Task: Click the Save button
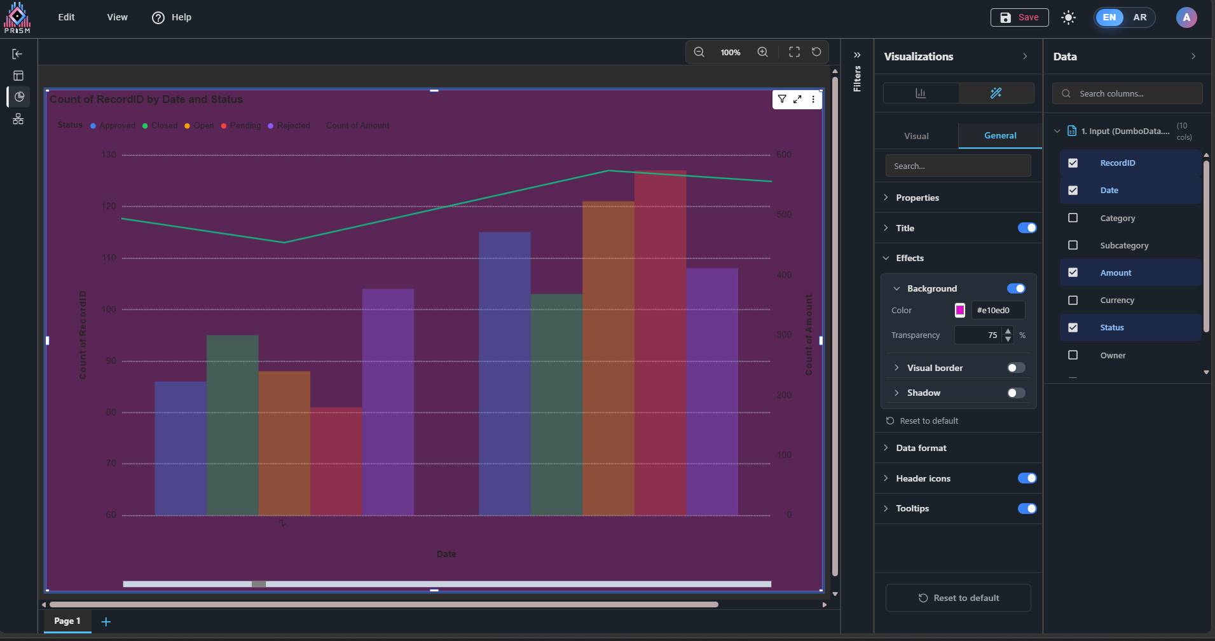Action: [1019, 17]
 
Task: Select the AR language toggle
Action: [1139, 17]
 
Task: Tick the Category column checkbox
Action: [1073, 218]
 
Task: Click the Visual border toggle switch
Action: [1016, 368]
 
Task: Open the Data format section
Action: [921, 448]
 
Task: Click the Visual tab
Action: [916, 136]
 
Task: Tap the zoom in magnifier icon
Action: [762, 52]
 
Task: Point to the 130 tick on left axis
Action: [109, 155]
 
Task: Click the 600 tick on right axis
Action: [784, 155]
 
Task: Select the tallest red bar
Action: [660, 343]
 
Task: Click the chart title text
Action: [146, 99]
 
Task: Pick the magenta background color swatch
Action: [960, 310]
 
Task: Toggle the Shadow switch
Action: [1016, 393]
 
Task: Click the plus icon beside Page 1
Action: [106, 621]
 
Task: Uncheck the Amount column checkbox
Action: [1073, 273]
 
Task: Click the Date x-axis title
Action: [446, 554]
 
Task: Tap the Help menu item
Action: [172, 17]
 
